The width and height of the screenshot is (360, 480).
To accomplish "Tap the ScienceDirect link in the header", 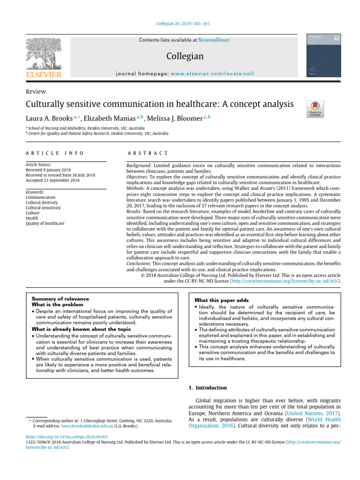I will click(214, 40).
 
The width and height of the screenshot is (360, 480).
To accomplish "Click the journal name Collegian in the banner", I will click(185, 56).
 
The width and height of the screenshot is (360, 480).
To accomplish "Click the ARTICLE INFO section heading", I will click(55, 153).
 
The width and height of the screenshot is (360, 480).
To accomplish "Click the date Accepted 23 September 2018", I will click(52, 180).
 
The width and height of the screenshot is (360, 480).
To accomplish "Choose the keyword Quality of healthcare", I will click(45, 223).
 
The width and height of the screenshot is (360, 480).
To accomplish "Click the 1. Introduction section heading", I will click(208, 388).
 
